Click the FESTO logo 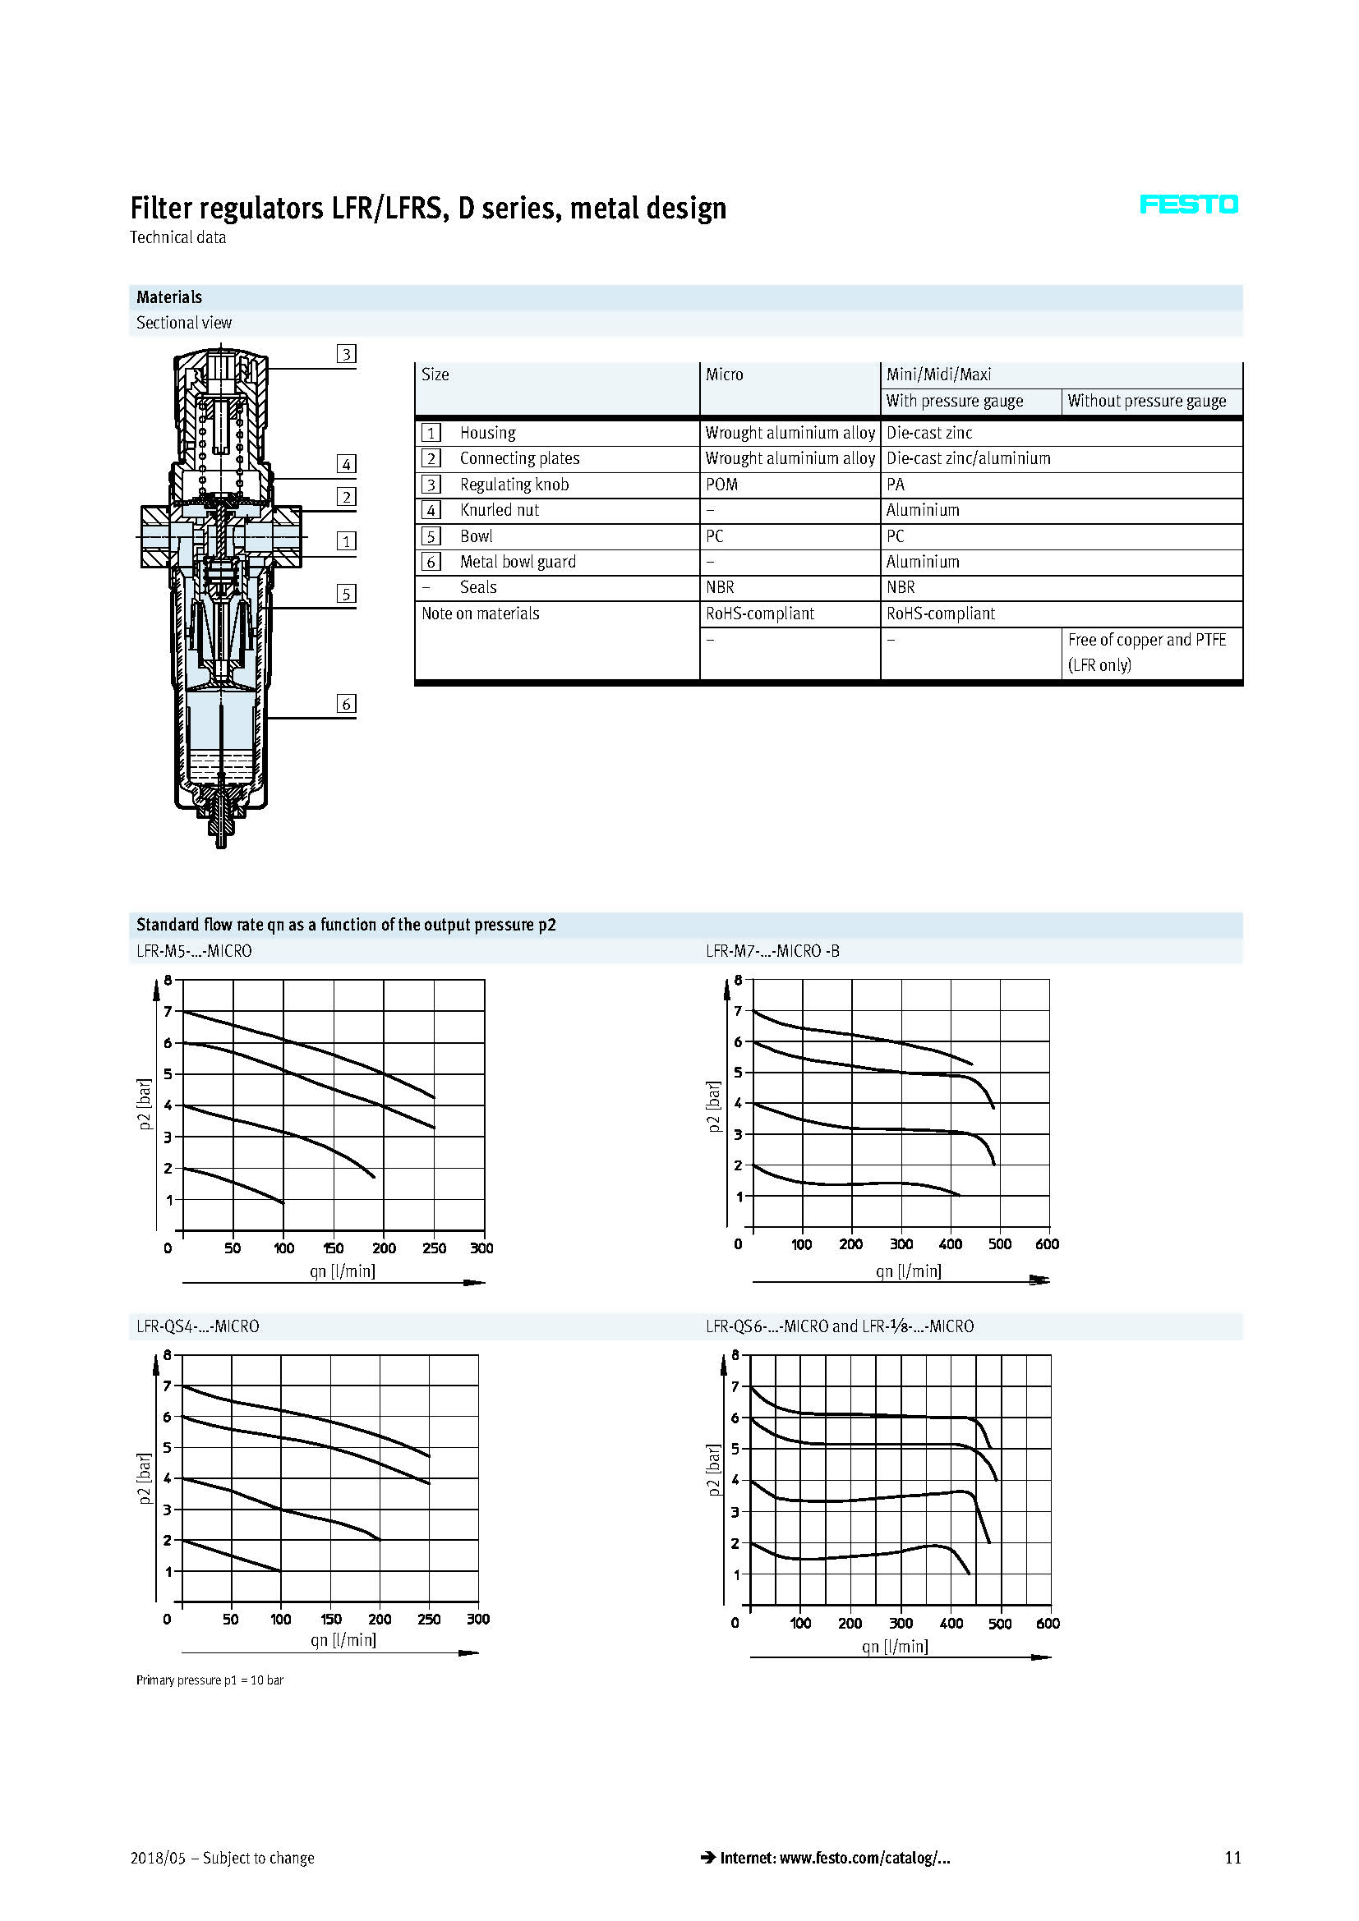point(1188,205)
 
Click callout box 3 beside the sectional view point(346,354)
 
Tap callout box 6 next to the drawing point(346,704)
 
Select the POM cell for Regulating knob point(721,485)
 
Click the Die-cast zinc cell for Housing point(929,433)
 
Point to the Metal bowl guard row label point(517,563)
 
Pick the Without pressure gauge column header point(1146,401)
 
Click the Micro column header point(724,375)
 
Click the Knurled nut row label point(499,510)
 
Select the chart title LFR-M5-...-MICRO point(194,951)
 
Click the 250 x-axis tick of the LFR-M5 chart point(435,1248)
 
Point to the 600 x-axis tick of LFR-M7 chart point(1047,1244)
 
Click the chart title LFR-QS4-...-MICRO point(197,1326)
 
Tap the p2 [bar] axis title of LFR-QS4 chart point(144,1478)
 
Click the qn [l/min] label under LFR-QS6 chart point(895,1646)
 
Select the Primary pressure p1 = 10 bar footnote point(210,1680)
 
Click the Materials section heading point(169,297)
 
